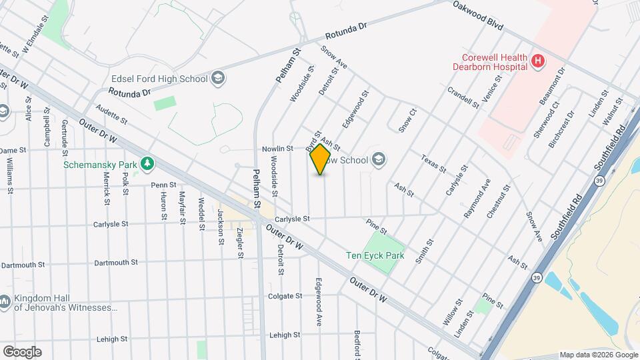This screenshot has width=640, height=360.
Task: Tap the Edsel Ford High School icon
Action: point(217,79)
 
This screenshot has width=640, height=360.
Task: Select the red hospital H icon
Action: point(538,63)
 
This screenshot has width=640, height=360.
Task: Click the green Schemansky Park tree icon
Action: point(145,163)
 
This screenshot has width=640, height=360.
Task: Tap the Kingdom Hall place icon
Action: point(5,302)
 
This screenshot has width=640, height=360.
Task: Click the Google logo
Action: point(21,351)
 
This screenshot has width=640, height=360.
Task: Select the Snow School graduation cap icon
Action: point(379,159)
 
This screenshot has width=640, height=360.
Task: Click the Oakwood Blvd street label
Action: point(477,15)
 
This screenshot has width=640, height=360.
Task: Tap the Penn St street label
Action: point(163,185)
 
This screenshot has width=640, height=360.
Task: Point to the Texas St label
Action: point(433,163)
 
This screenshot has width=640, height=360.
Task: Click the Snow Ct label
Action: point(407,119)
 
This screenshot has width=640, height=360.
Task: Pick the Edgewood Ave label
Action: point(319,302)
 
